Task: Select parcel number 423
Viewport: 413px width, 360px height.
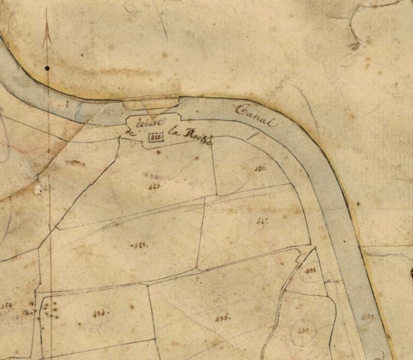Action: (x=155, y=186)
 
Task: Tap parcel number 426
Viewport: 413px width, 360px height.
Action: (x=261, y=168)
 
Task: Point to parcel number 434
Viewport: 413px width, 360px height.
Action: (x=98, y=314)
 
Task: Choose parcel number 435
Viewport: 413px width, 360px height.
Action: (x=223, y=318)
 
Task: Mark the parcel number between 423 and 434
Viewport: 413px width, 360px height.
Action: (x=138, y=245)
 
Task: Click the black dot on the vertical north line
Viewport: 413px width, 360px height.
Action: (x=47, y=68)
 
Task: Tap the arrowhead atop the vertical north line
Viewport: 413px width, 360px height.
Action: (x=47, y=32)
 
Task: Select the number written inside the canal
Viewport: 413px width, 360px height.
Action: (x=367, y=319)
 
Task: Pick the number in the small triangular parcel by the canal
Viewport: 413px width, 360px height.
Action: (x=310, y=271)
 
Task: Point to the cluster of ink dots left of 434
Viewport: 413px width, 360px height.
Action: (x=49, y=310)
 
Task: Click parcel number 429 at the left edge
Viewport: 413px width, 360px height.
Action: (x=8, y=305)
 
